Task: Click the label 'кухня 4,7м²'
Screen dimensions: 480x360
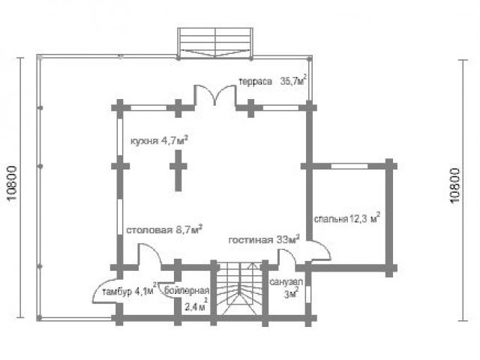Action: coord(159,141)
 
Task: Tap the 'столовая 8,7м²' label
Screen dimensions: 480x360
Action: coord(164,229)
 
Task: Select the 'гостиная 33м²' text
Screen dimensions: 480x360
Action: coord(264,239)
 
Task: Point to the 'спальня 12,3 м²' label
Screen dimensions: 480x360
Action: coord(347,218)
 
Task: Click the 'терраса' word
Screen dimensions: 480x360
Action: coord(255,82)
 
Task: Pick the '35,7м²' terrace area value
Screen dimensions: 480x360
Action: coord(293,80)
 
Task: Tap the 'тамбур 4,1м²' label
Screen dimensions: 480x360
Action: coord(130,290)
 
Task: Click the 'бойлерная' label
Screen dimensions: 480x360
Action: coord(187,290)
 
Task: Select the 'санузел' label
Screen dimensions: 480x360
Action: coord(286,282)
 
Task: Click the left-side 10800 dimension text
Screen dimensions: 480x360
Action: coord(12,183)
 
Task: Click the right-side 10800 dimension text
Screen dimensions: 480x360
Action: coord(455,185)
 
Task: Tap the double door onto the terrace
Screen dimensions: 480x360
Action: coord(215,95)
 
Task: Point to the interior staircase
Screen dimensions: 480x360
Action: coord(239,289)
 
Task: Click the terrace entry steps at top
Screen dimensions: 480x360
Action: coord(215,43)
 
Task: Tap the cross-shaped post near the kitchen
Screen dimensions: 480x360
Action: coord(178,170)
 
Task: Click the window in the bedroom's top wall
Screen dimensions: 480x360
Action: coord(349,166)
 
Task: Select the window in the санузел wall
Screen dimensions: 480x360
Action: coord(308,294)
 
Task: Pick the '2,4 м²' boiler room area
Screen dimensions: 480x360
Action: coord(196,305)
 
